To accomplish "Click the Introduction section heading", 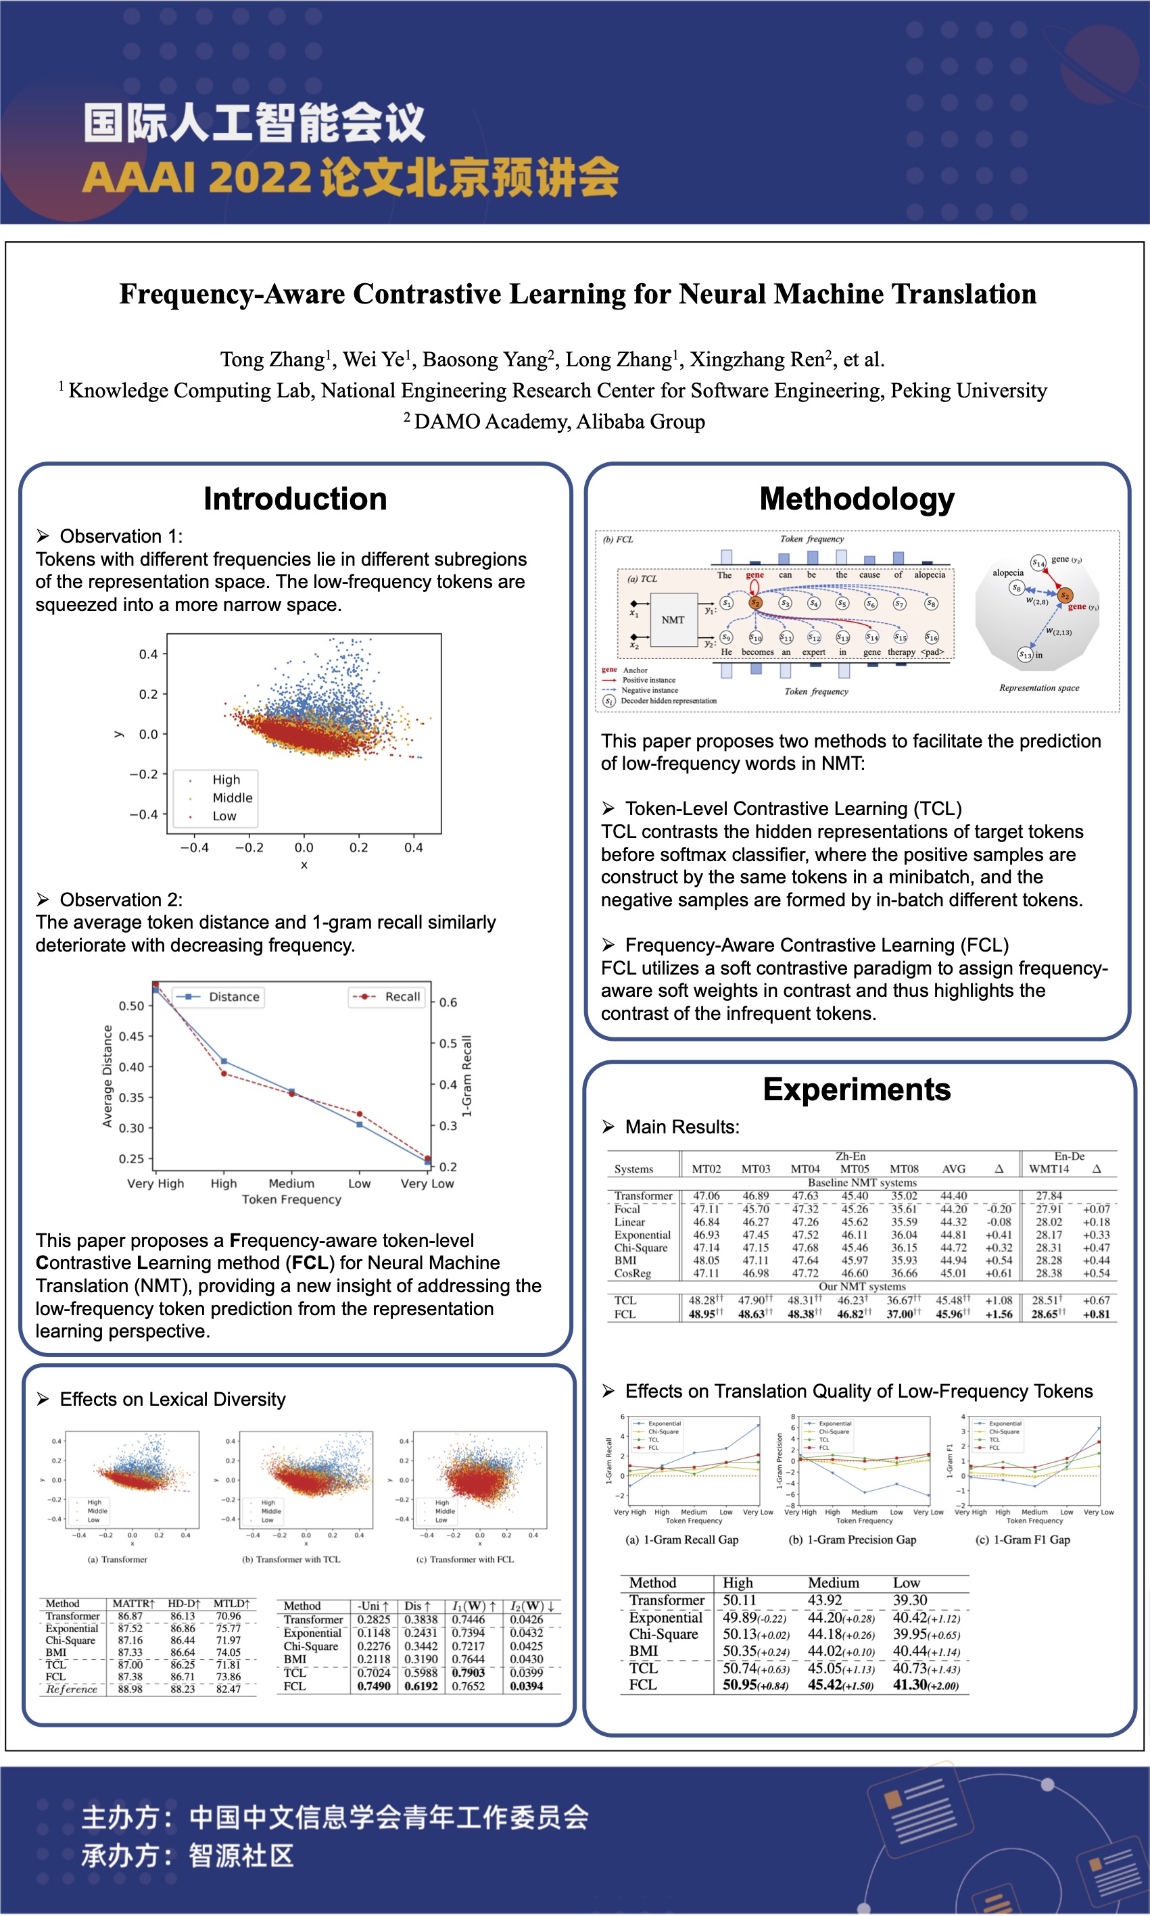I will [295, 499].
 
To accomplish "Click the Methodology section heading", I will [857, 499].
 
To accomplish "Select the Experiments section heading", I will [857, 1089].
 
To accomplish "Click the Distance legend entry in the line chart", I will [233, 997].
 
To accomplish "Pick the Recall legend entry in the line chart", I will [402, 997].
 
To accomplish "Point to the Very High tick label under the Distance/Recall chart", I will [155, 1183].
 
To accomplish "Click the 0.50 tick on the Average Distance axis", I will [131, 1006].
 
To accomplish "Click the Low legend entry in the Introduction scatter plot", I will [224, 816].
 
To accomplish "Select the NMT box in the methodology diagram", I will [673, 620].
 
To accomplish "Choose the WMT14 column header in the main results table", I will [1049, 1169].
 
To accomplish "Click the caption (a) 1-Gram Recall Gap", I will [682, 1540].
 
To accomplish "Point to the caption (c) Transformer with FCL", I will [465, 1559].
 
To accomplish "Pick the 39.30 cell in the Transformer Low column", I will [910, 1600].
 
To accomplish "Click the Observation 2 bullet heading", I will [121, 900].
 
